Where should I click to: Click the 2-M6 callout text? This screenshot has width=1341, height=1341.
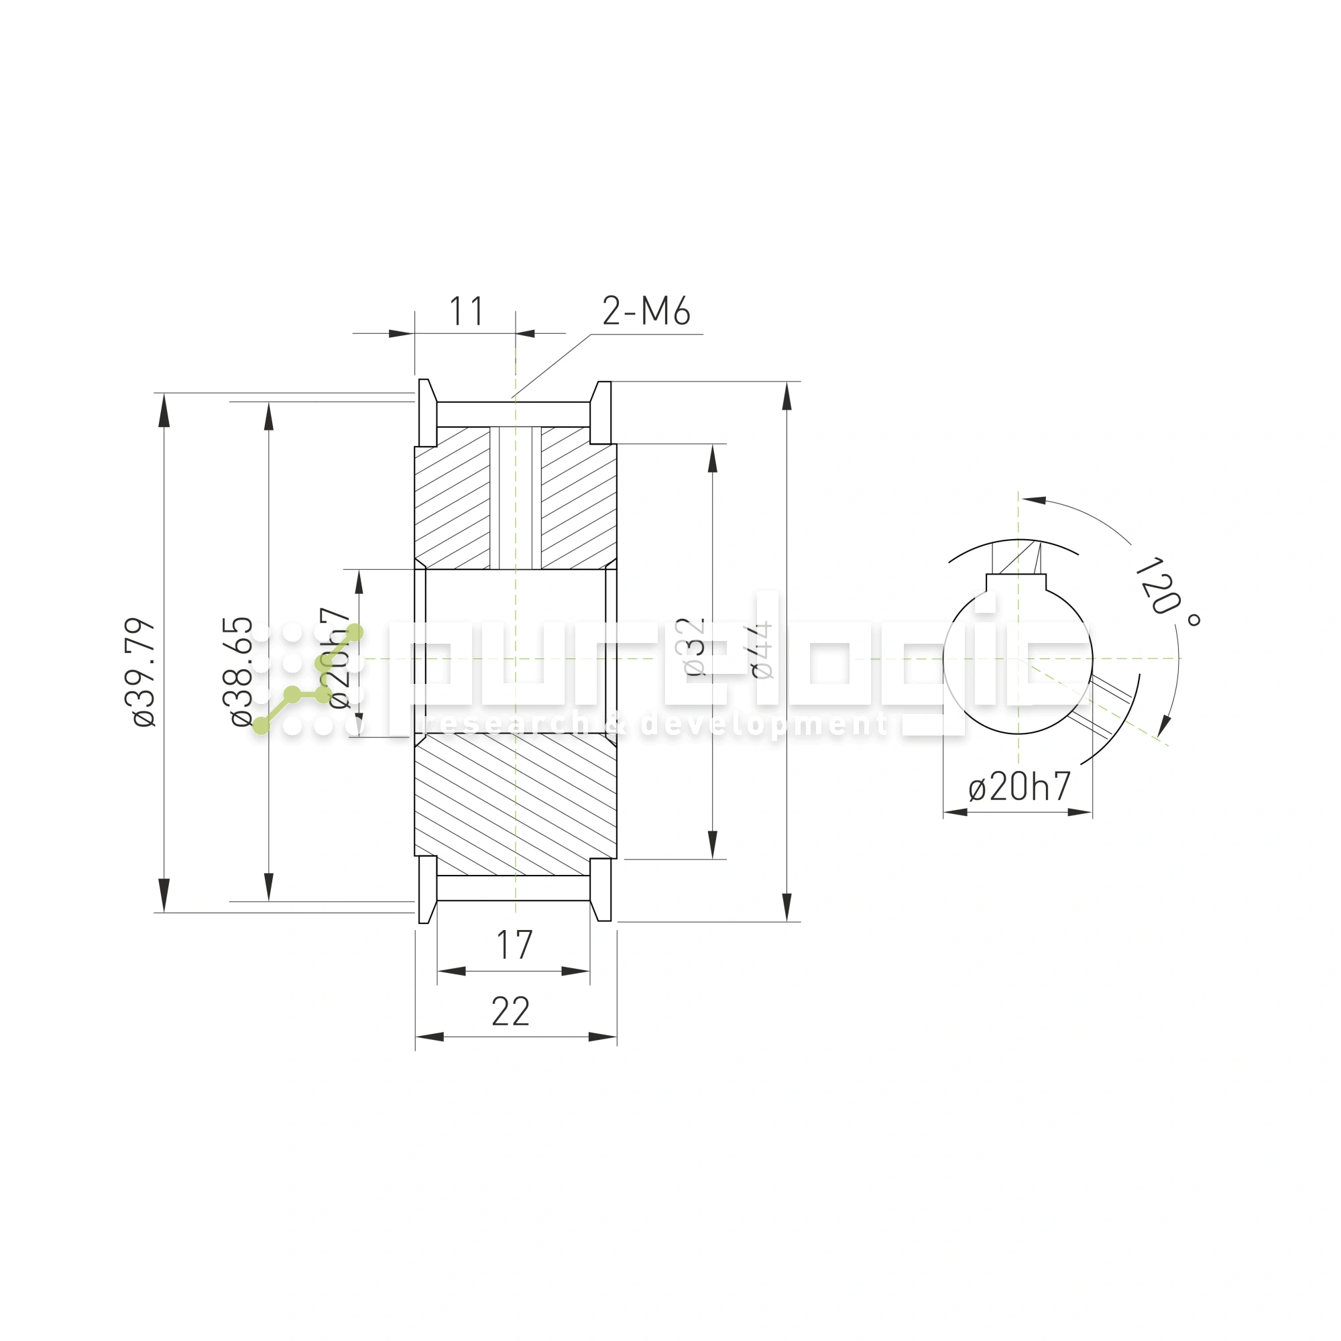tap(646, 311)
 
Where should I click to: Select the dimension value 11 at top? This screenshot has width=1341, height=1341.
tap(466, 312)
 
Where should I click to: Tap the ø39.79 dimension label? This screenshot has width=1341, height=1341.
tap(144, 672)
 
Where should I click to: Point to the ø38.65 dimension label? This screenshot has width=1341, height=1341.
tap(241, 671)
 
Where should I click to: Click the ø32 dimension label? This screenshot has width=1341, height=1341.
tap(693, 647)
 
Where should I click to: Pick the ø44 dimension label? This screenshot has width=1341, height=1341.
tap(762, 650)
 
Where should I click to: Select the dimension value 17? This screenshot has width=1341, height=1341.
tap(514, 945)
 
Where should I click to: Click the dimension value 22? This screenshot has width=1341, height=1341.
tap(511, 1012)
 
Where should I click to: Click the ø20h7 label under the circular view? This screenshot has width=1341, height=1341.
tap(1019, 787)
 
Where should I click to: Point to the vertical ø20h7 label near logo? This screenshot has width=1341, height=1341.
tap(340, 658)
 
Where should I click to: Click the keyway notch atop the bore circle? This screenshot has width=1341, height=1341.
tap(1016, 581)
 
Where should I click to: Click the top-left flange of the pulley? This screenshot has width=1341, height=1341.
tap(427, 413)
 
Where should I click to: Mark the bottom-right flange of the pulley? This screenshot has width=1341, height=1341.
tap(601, 890)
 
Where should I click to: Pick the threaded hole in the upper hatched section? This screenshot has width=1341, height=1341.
tap(516, 497)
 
